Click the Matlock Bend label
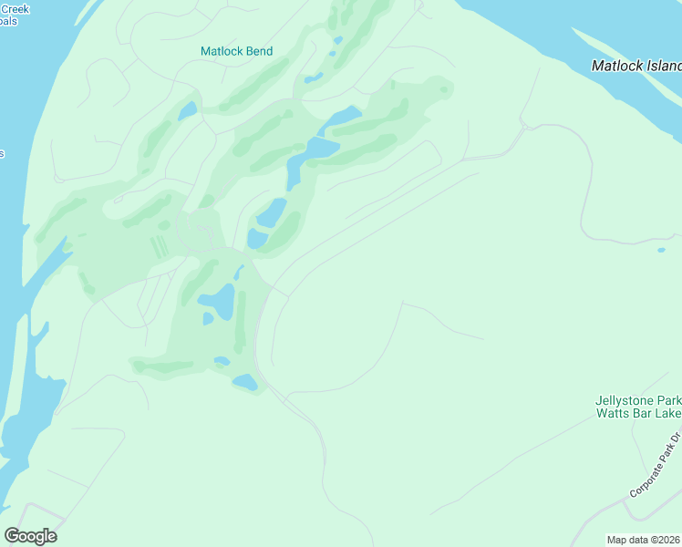(236, 52)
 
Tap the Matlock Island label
(636, 66)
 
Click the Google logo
(30, 535)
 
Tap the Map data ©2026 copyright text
(643, 540)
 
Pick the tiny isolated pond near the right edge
(661, 250)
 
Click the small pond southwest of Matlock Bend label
(187, 111)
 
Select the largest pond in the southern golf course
(218, 300)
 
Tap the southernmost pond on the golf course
(244, 382)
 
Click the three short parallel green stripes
(159, 246)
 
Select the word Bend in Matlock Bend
(258, 52)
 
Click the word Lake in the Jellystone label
(668, 414)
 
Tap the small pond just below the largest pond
(208, 319)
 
